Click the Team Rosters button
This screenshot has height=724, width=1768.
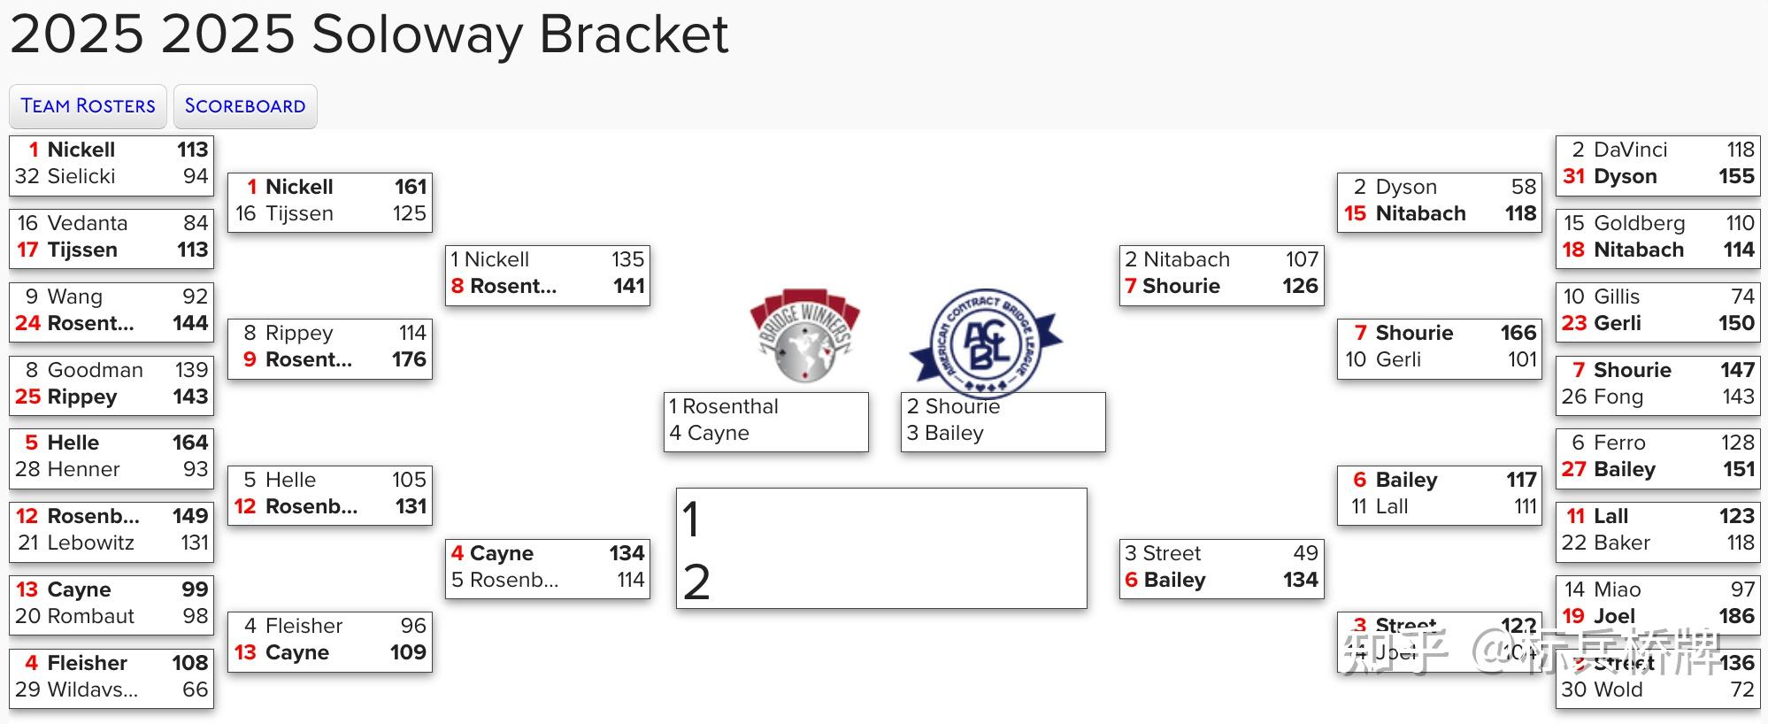pyautogui.click(x=88, y=106)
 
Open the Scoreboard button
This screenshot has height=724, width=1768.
pyautogui.click(x=245, y=106)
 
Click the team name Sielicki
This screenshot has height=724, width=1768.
pyautogui.click(x=81, y=176)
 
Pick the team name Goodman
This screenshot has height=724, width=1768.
pyautogui.click(x=95, y=370)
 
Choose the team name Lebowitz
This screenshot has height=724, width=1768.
pyautogui.click(x=90, y=543)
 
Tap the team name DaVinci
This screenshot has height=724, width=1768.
pyautogui.click(x=1630, y=150)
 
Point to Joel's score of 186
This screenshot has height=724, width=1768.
pyautogui.click(x=1736, y=616)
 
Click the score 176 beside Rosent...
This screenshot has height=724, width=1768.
pyautogui.click(x=409, y=359)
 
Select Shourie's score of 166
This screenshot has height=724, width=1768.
pyautogui.click(x=1518, y=333)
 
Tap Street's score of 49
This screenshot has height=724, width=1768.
pyautogui.click(x=1305, y=553)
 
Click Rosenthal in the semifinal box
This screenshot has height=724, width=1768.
pyautogui.click(x=730, y=406)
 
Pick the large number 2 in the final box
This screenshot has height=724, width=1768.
pyautogui.click(x=696, y=582)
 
